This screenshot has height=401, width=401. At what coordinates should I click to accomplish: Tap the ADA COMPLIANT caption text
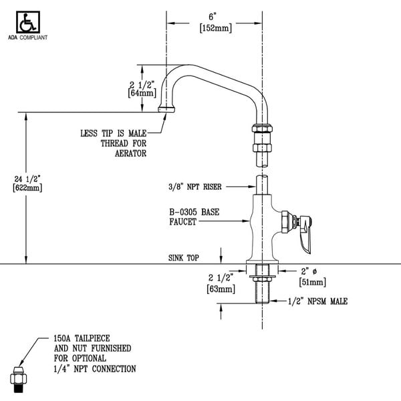coord(29,37)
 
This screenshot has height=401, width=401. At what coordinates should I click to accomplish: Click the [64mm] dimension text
coord(142,94)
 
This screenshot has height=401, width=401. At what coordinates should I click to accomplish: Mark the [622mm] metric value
coord(27,188)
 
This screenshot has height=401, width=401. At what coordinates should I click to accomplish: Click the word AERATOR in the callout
coord(131,153)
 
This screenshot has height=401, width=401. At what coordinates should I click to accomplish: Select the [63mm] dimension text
coord(221,289)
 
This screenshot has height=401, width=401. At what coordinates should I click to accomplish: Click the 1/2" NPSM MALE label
coord(318,301)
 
